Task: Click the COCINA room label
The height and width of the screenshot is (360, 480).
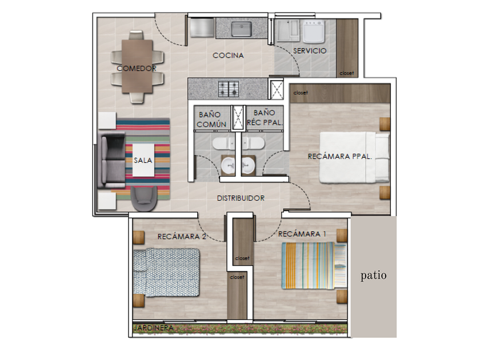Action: pyautogui.click(x=228, y=55)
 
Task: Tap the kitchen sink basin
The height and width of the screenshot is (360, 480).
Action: pyautogui.click(x=242, y=29)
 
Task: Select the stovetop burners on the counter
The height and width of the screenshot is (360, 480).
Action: pyautogui.click(x=229, y=89)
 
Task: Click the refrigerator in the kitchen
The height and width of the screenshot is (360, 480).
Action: pyautogui.click(x=202, y=27)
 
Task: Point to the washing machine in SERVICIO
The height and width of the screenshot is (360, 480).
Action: pyautogui.click(x=314, y=31)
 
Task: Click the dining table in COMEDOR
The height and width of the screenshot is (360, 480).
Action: pyautogui.click(x=137, y=66)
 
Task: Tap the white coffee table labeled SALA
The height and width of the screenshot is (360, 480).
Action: pyautogui.click(x=143, y=160)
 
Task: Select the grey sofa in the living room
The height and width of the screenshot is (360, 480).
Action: pyautogui.click(x=111, y=160)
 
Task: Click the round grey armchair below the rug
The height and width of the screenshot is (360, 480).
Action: pyautogui.click(x=144, y=198)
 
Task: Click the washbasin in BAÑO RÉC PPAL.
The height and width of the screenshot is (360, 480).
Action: pyautogui.click(x=248, y=165)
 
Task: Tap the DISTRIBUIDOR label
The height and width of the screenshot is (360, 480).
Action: pyautogui.click(x=241, y=198)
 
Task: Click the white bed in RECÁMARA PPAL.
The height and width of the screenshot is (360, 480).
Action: pyautogui.click(x=354, y=157)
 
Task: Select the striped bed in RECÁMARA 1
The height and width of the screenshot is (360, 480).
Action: pyautogui.click(x=314, y=265)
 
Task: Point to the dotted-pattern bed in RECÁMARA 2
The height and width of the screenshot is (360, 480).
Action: pyautogui.click(x=166, y=272)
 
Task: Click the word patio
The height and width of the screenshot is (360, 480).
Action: pyautogui.click(x=374, y=275)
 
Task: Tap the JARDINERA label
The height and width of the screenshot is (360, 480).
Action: pyautogui.click(x=154, y=328)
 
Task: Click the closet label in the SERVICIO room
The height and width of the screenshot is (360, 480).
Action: pyautogui.click(x=347, y=73)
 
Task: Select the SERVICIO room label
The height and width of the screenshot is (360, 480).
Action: pyautogui.click(x=310, y=51)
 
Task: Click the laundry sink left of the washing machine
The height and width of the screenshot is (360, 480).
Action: pyautogui.click(x=288, y=31)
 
